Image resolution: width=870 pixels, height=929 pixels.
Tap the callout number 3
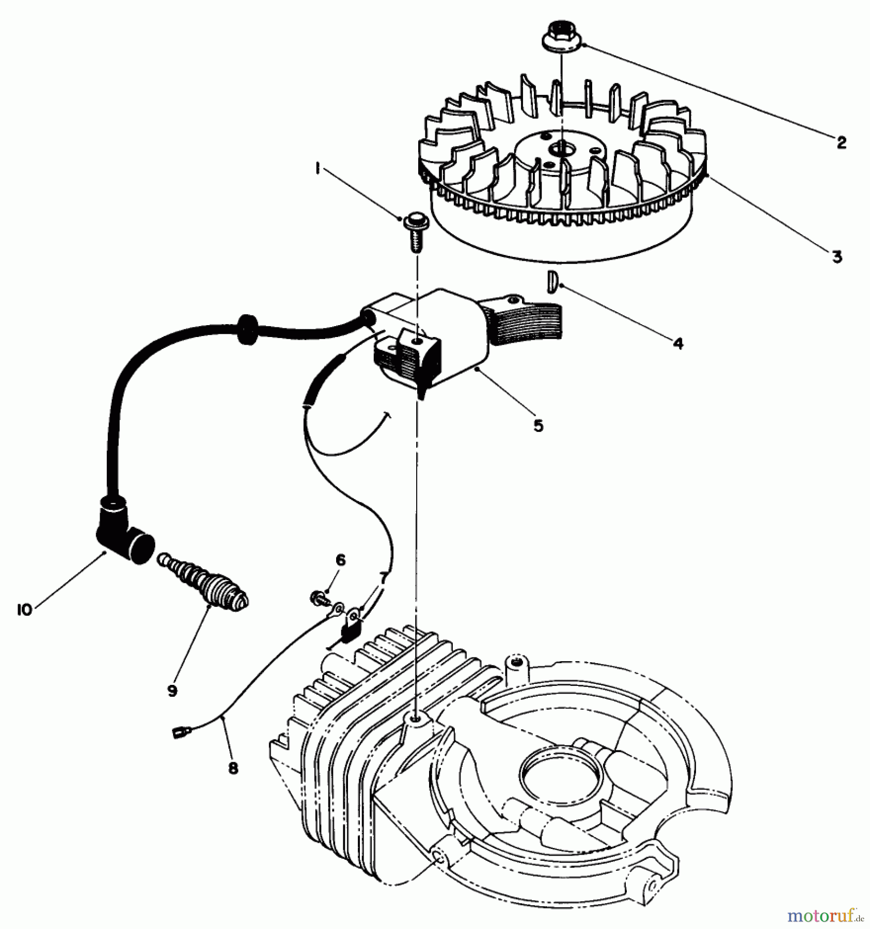[x=837, y=257]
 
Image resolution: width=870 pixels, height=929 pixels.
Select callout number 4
[x=678, y=343]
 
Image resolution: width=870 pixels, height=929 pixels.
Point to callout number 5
[x=539, y=426]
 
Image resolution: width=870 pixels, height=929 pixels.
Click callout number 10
[x=24, y=610]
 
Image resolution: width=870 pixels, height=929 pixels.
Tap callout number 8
[x=233, y=768]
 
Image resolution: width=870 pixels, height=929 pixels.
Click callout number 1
[x=318, y=170]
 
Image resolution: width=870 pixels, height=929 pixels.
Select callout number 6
[x=340, y=560]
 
